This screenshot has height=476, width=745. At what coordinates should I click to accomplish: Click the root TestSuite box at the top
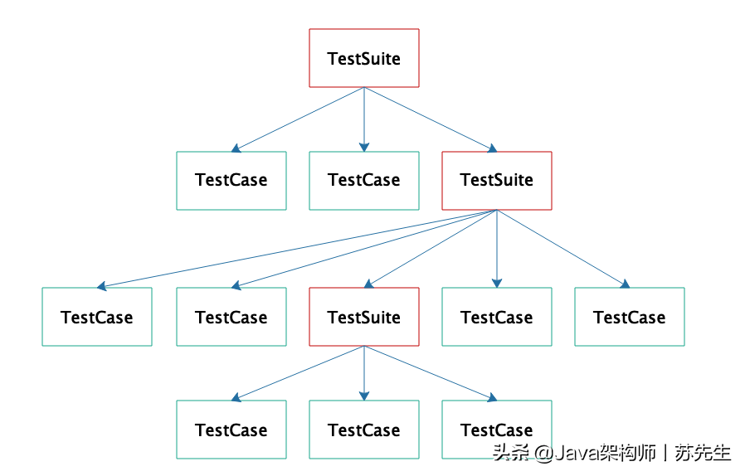tap(364, 58)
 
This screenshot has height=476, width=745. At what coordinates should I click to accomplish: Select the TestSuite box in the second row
tap(497, 181)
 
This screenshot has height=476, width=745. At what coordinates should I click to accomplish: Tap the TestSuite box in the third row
tap(364, 317)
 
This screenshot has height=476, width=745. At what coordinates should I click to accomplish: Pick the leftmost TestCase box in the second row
tap(231, 181)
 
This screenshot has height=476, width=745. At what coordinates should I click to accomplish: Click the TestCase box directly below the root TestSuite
tap(364, 181)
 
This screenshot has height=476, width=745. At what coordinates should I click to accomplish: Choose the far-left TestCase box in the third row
tap(97, 317)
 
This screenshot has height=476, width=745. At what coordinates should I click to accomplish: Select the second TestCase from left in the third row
tap(231, 317)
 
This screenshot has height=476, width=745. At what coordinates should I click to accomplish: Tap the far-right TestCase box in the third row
tap(630, 317)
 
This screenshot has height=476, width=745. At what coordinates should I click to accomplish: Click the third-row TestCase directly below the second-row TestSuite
tap(497, 317)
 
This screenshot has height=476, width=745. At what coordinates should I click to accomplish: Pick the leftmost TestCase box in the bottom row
tap(231, 430)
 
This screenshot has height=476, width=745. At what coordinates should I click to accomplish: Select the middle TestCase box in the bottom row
tap(364, 430)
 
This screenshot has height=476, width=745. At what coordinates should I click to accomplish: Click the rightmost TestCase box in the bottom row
tap(497, 430)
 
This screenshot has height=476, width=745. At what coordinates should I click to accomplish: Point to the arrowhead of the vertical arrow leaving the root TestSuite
tap(364, 147)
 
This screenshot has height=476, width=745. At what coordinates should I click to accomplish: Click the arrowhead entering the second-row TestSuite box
tap(492, 148)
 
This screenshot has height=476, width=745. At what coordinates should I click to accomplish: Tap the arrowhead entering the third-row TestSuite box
tap(368, 284)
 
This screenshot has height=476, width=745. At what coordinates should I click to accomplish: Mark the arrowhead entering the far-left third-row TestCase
tap(101, 286)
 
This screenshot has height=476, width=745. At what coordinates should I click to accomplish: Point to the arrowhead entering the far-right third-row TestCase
tap(625, 284)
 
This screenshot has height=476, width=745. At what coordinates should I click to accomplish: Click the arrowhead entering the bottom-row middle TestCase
tap(364, 396)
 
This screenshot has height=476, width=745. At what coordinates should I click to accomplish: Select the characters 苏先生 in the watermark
tap(703, 453)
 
